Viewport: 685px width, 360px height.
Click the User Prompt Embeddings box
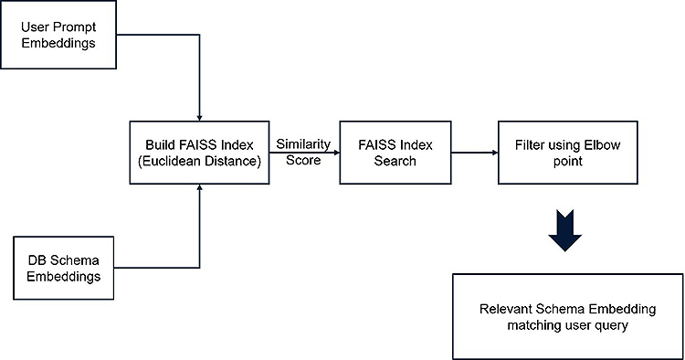60,35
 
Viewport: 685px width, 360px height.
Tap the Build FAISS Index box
199,154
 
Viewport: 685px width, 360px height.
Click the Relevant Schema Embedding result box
568,316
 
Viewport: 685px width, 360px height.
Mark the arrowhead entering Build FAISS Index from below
199,192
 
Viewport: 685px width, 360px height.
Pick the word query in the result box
611,325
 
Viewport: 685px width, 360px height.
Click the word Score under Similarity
303,162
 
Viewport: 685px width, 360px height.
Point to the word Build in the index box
161,145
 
